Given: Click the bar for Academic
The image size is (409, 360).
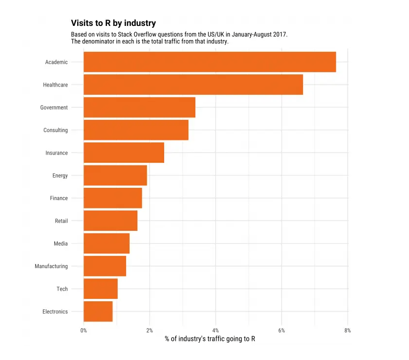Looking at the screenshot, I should [x=210, y=62].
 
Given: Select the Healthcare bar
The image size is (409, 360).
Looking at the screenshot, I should [x=193, y=85].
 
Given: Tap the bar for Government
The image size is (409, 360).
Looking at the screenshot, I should [x=139, y=108].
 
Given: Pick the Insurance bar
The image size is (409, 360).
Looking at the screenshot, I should [x=124, y=153].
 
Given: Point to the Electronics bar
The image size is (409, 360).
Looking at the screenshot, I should [x=98, y=312].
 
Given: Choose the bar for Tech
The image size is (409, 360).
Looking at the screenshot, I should [x=101, y=289].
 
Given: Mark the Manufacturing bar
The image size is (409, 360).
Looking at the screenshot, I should [x=105, y=266].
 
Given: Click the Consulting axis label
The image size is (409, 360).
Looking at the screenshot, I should [x=56, y=130].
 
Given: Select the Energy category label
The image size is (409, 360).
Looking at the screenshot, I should [x=60, y=176].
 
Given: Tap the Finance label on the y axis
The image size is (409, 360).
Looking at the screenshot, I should [x=59, y=198].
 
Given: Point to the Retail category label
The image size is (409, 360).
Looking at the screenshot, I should [x=62, y=221].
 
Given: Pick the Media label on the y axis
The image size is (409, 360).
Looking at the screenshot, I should [x=61, y=244].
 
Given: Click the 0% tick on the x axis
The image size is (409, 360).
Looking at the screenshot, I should [x=84, y=331].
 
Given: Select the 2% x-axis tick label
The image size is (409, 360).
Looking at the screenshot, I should [x=150, y=331].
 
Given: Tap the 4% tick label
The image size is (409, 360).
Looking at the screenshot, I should [x=215, y=331].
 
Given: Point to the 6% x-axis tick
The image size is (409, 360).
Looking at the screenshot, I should [x=281, y=331].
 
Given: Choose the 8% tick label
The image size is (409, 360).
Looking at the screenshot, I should [x=347, y=331].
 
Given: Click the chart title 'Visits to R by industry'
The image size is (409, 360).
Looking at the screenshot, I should [x=113, y=23].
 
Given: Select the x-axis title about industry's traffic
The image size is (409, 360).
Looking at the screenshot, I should [x=210, y=339].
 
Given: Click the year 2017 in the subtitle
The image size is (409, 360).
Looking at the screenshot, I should [x=279, y=35].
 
